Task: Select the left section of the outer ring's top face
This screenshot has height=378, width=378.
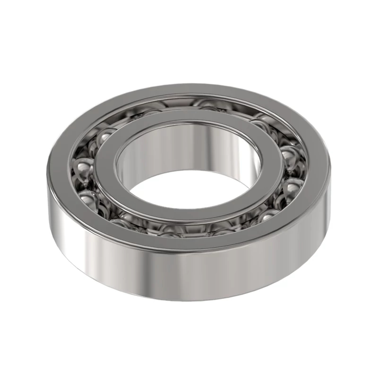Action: [60, 164]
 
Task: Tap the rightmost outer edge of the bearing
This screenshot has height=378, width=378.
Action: [331, 189]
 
